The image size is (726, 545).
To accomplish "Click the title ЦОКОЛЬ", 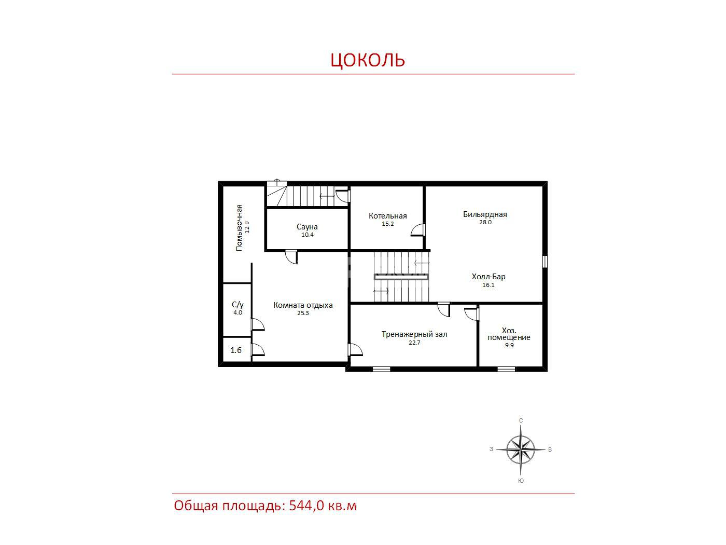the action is [x=368, y=60].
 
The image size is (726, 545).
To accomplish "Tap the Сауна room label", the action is [x=306, y=227].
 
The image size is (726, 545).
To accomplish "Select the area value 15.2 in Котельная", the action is [x=388, y=224].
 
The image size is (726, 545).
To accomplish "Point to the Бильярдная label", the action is [x=484, y=214].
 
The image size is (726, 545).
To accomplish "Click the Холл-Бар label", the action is [x=488, y=277].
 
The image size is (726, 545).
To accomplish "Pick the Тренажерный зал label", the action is [x=414, y=334].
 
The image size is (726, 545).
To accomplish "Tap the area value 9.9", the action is [x=509, y=345].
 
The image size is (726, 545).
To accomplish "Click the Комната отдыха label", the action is [x=303, y=305].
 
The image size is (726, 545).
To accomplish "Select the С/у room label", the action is [x=238, y=305].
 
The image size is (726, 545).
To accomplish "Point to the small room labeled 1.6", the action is [x=236, y=350].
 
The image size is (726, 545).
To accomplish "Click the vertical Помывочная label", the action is [x=239, y=228].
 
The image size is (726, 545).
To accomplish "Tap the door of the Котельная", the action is [x=418, y=230].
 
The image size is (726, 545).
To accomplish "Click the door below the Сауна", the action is [x=291, y=256].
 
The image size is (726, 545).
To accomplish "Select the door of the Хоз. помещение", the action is [x=472, y=314].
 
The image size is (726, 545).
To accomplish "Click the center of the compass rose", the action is [x=520, y=449].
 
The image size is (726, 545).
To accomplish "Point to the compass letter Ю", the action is [x=521, y=481].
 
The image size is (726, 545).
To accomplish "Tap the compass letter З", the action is [x=491, y=449].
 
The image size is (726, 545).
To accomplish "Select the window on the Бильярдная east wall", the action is [x=544, y=261].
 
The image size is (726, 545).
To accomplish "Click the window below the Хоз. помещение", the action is [x=506, y=369].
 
